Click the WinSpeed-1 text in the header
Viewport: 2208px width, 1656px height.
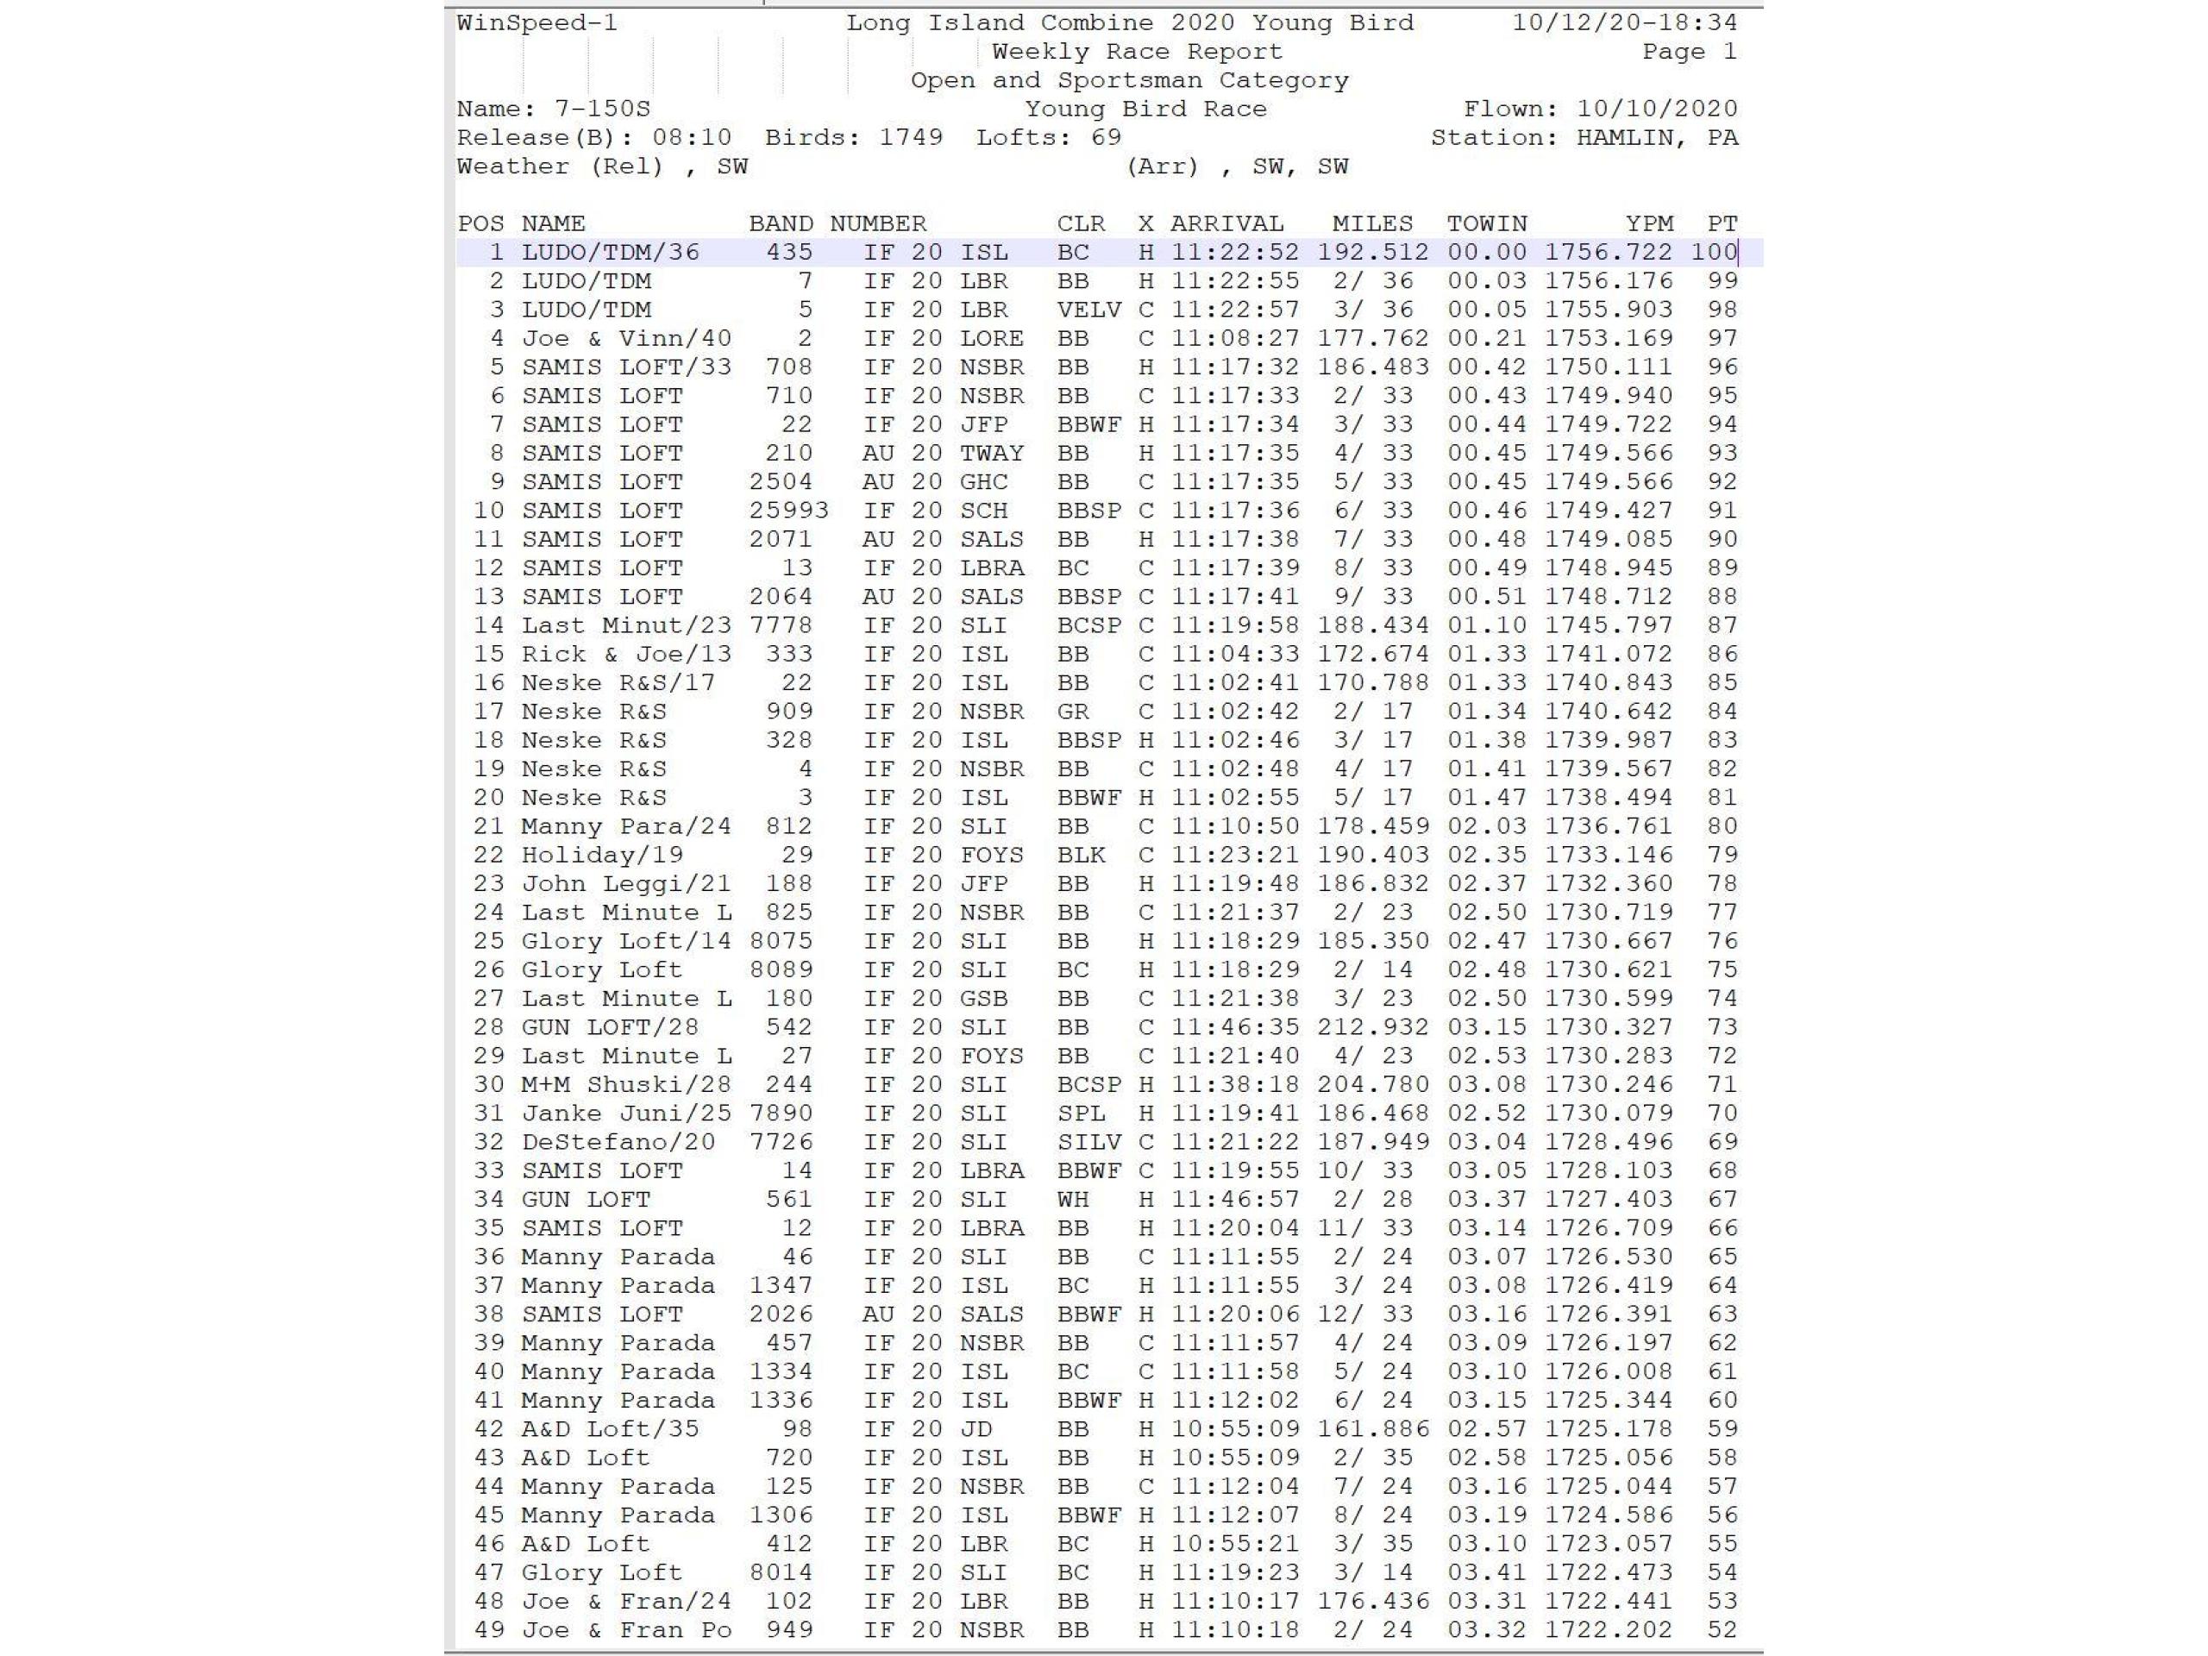click(x=537, y=23)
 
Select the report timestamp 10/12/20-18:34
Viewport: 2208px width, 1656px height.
click(x=1624, y=23)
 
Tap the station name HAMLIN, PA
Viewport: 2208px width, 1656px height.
click(x=1656, y=138)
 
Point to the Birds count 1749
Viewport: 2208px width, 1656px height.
click(x=910, y=138)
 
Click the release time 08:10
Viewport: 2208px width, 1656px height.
click(x=692, y=138)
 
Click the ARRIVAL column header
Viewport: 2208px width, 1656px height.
click(x=1226, y=223)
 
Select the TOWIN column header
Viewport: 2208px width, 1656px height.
click(x=1486, y=223)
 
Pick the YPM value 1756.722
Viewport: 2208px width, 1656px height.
click(x=1608, y=253)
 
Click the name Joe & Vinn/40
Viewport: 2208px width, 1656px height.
click(x=626, y=338)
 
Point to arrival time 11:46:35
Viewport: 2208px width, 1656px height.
click(x=1235, y=1027)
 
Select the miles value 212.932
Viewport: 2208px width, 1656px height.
click(x=1372, y=1027)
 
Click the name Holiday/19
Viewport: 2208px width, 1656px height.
click(x=602, y=856)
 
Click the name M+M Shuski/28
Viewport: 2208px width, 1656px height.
click(x=626, y=1085)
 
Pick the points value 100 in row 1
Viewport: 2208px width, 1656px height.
click(x=1714, y=253)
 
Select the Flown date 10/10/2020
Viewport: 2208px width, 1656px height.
click(x=1656, y=109)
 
